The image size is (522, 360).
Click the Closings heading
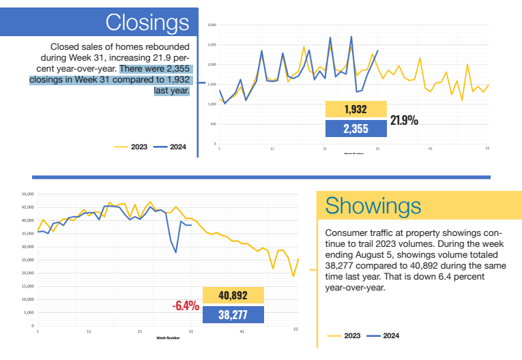coord(147,22)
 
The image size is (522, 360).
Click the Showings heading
coord(373,205)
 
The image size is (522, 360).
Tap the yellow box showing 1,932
coord(356,109)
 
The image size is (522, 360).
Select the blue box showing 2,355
coord(356,128)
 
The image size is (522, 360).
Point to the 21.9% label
coord(404,120)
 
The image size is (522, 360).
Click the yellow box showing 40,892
coord(233,295)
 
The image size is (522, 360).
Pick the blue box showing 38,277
coord(233,314)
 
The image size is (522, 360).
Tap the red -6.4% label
coord(186,306)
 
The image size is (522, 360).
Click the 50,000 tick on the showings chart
coord(28,194)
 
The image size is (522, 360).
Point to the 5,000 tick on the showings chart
coord(29,313)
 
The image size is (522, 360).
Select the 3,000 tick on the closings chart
coord(212,25)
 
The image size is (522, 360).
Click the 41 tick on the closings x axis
coord(431,149)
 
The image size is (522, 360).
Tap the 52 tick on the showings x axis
coord(295,330)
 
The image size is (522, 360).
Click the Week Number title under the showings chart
coord(168,337)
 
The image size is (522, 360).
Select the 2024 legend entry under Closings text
coord(170,146)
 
